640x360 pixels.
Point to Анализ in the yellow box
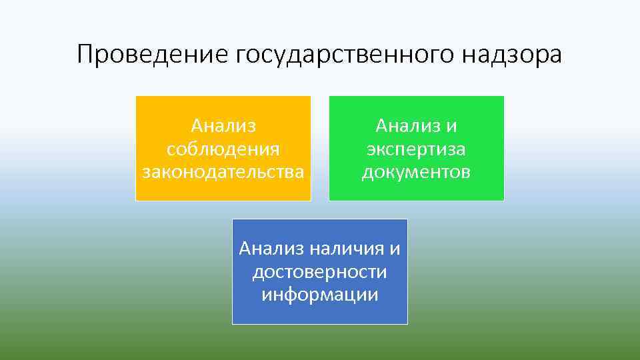(x=223, y=125)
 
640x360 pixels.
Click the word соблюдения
(x=223, y=149)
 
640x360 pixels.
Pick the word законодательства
(x=223, y=172)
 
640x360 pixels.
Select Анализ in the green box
(x=406, y=125)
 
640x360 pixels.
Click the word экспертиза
(x=416, y=149)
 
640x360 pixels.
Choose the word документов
(x=416, y=172)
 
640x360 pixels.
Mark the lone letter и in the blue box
(x=395, y=249)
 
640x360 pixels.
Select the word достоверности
(x=319, y=272)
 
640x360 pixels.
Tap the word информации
(x=319, y=295)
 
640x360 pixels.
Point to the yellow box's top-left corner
(x=137, y=97)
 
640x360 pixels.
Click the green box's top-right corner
(x=503, y=97)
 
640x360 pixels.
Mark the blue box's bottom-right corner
(x=407, y=323)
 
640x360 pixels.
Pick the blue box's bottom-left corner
(x=233, y=323)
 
